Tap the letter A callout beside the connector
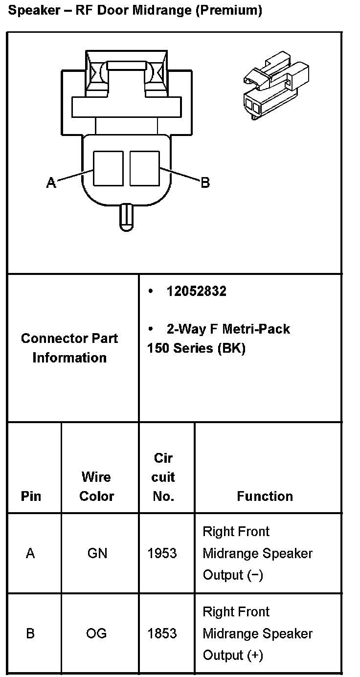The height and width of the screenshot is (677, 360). tap(51, 183)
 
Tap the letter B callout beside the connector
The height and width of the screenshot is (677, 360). tap(205, 183)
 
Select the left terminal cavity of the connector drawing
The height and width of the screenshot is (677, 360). tap(108, 168)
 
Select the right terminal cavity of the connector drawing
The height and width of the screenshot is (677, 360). tap(145, 168)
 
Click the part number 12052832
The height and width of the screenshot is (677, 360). tap(196, 292)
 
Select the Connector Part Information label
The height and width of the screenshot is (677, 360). tap(69, 348)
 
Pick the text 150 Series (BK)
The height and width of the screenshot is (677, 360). tap(196, 348)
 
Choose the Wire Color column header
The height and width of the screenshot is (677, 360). tap(96, 486)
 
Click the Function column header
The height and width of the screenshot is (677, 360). tap(265, 496)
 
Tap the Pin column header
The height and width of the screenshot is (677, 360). tap(31, 496)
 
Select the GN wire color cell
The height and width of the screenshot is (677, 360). tap(97, 553)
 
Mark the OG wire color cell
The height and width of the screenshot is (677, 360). tap(96, 633)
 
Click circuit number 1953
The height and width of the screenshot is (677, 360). tap(162, 553)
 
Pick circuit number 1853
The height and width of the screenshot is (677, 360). tap(162, 633)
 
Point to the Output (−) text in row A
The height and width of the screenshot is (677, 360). tap(233, 575)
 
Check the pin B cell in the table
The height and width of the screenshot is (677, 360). tap(30, 633)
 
